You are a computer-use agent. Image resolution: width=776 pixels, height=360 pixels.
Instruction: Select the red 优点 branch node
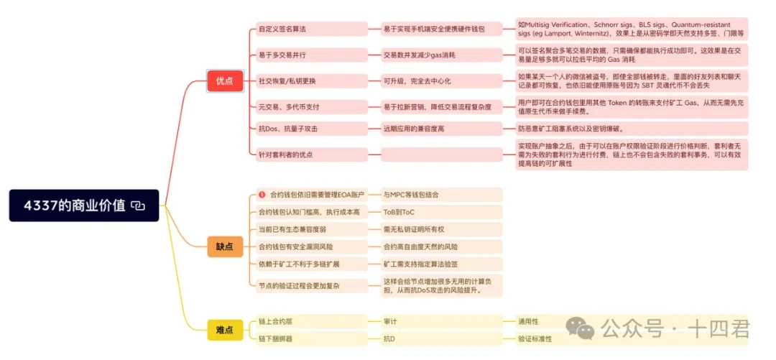tap(224, 81)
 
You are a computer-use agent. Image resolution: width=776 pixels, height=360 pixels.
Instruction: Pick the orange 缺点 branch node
tap(224, 246)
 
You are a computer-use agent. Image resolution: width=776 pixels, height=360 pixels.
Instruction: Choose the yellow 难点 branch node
tap(224, 330)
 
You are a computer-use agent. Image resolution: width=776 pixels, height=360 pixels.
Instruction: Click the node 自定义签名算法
tap(282, 29)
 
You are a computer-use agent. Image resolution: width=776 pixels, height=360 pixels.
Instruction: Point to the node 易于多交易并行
tap(282, 55)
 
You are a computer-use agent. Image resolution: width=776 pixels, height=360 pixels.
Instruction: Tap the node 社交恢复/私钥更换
tap(287, 80)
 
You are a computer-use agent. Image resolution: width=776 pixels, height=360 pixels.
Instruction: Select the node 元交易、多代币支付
tap(288, 106)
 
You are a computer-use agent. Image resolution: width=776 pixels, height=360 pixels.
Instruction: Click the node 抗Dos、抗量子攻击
tap(287, 129)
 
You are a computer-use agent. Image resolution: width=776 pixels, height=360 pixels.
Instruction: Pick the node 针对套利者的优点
tap(285, 154)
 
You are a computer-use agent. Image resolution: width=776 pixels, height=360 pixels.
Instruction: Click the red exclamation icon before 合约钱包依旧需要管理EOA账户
tap(262, 195)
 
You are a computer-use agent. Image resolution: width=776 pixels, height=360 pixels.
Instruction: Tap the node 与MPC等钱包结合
tap(410, 195)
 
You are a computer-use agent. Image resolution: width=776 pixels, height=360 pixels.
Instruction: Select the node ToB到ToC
tap(399, 212)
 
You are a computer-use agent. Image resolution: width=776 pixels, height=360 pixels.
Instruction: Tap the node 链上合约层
tap(277, 321)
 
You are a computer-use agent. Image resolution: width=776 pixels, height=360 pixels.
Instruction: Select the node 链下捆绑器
tap(277, 338)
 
